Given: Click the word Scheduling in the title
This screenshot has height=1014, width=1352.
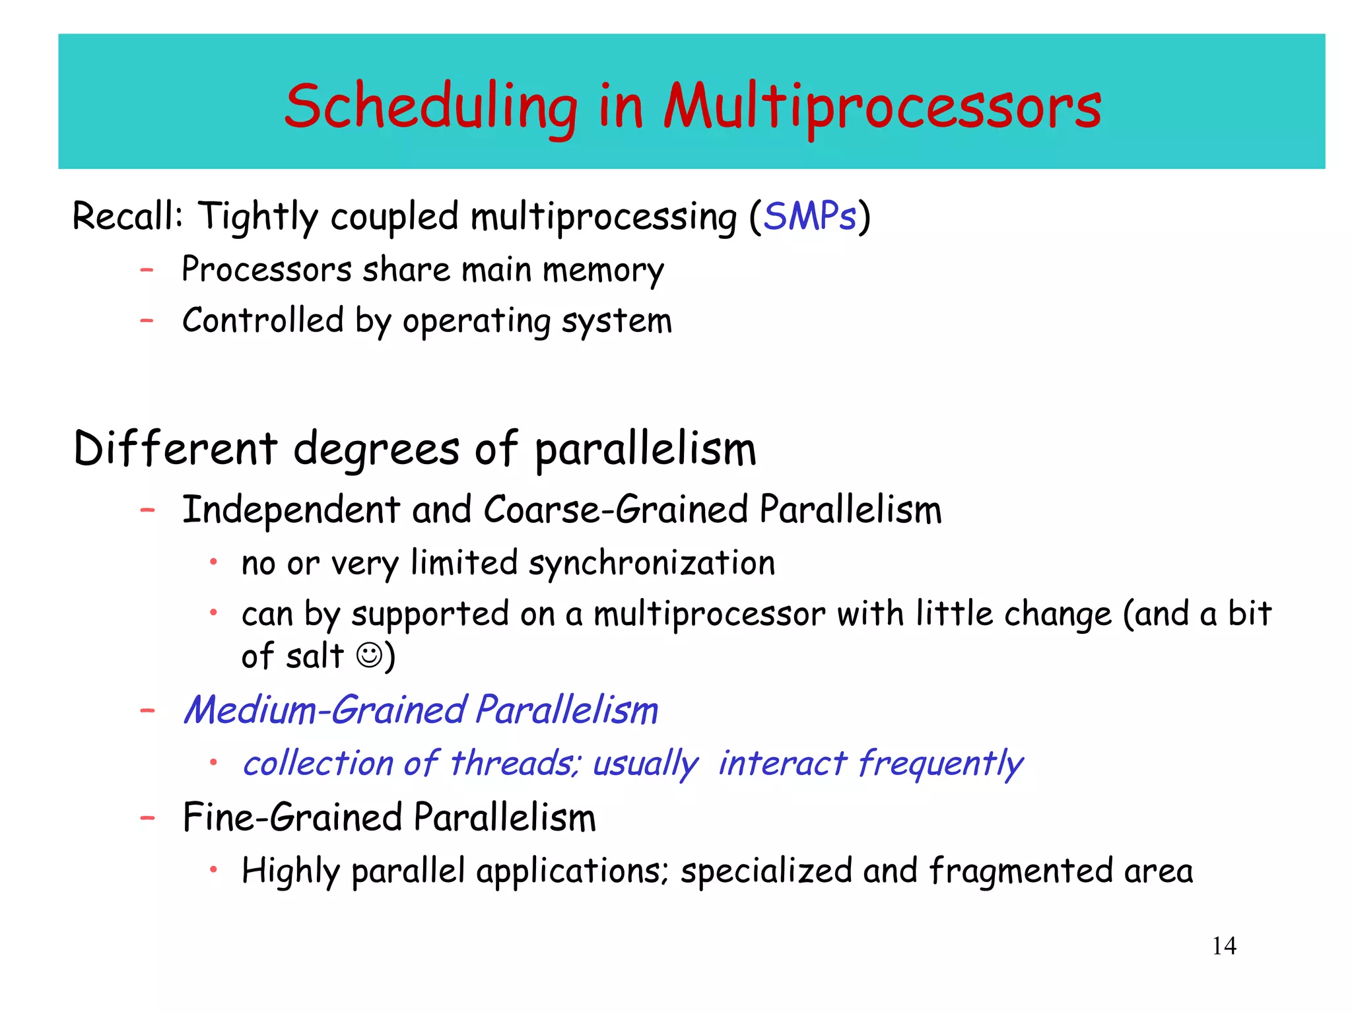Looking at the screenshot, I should pyautogui.click(x=430, y=108).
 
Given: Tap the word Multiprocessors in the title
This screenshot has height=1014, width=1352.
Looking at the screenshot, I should pyautogui.click(x=882, y=108).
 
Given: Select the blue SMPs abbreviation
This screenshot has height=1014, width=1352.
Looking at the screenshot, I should pyautogui.click(x=809, y=217).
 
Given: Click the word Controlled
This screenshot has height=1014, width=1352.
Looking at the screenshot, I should pyautogui.click(x=263, y=321).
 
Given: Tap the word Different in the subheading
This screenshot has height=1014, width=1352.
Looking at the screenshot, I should pyautogui.click(x=176, y=449).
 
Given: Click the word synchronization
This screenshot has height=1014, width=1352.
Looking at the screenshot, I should pyautogui.click(x=652, y=564).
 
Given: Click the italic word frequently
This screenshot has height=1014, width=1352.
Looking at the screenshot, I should pyautogui.click(x=940, y=764).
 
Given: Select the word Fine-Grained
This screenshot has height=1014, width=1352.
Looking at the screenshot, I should pyautogui.click(x=292, y=818).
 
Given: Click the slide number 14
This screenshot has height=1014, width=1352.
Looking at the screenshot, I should pyautogui.click(x=1223, y=946).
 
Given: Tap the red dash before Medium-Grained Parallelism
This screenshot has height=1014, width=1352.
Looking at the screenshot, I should pyautogui.click(x=147, y=711).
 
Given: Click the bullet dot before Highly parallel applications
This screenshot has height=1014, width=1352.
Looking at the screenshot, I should pyautogui.click(x=213, y=869).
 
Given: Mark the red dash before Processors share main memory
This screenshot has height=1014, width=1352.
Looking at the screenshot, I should pyautogui.click(x=147, y=270).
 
